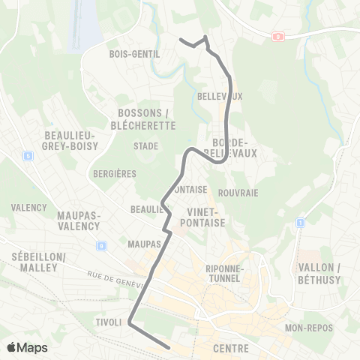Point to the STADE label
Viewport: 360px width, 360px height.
[x=145, y=146]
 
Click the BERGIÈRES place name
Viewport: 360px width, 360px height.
[x=115, y=173]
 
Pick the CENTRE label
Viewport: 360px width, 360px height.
[x=230, y=349]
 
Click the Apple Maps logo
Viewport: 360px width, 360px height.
[x=27, y=347]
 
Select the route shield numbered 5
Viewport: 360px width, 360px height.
[x=28, y=156]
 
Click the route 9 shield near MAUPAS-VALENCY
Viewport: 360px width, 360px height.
[x=101, y=244]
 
